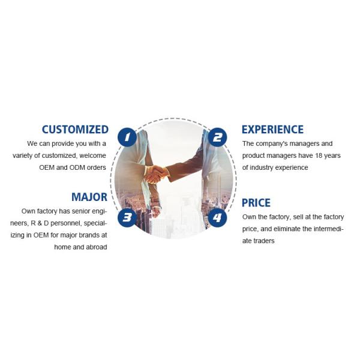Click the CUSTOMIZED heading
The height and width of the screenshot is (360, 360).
click(75, 129)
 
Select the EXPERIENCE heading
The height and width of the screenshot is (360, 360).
click(272, 129)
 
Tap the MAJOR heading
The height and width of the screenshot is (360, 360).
click(89, 197)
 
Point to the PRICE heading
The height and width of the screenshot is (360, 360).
click(256, 203)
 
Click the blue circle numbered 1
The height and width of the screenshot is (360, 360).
click(127, 137)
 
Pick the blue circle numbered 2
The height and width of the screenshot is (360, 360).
click(217, 137)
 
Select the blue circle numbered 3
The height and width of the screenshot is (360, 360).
click(127, 217)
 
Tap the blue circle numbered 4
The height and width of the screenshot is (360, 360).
click(217, 217)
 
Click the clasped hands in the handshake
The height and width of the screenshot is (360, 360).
click(157, 174)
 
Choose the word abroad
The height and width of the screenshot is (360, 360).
click(95, 247)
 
